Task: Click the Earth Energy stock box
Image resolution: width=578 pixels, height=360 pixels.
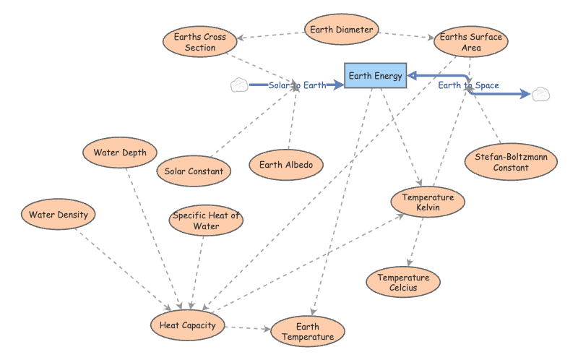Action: coord(375,75)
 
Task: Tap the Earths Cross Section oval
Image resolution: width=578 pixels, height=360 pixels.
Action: coord(200,42)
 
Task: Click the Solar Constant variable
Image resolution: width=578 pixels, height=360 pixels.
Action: coord(194,171)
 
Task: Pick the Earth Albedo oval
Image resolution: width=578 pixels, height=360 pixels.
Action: coord(286,165)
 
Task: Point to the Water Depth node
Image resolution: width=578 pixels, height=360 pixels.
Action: coord(120,153)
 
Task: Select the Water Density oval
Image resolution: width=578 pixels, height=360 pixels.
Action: coord(58,214)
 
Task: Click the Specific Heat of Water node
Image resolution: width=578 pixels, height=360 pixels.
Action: coord(206,221)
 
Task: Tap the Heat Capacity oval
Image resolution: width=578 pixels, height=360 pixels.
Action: coord(187,325)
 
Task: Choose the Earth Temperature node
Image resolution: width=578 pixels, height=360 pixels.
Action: coord(307,332)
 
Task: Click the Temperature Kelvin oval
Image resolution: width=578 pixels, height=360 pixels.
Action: coord(428,203)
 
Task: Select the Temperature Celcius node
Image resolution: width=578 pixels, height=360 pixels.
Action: coord(403,283)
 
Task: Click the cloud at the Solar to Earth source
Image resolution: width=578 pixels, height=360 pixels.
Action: coord(238,85)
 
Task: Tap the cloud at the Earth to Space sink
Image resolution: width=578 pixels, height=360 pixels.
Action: coord(540,94)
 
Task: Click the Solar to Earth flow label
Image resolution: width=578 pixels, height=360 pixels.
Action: coord(297,85)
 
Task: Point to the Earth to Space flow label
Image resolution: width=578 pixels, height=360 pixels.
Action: coord(468,85)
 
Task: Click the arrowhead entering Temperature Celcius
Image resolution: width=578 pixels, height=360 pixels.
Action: coord(409,264)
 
